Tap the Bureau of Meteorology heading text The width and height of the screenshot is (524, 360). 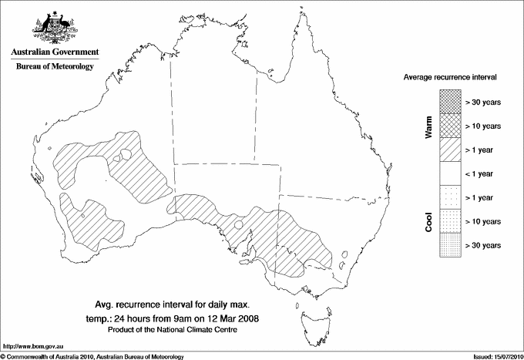[x=55, y=67]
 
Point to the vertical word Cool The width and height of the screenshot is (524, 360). [x=428, y=221]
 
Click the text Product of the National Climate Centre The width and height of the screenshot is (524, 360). [x=180, y=330]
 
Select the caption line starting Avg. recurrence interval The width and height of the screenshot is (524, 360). [x=180, y=304]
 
